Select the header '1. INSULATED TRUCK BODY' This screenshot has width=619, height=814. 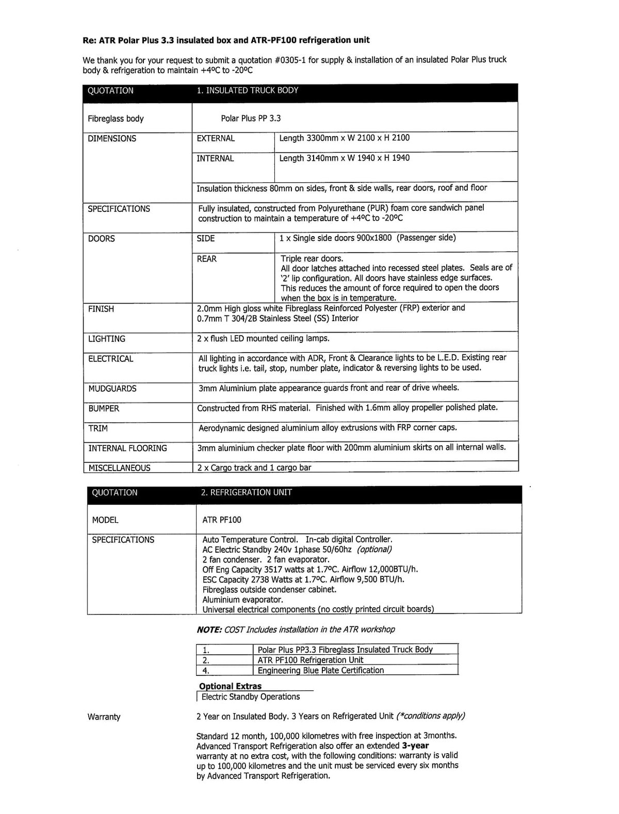[x=247, y=90]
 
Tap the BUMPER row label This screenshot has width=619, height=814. [x=104, y=409]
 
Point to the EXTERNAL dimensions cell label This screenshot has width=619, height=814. [x=216, y=139]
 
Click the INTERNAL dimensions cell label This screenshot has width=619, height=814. [x=215, y=159]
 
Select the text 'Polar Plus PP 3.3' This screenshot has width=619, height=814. [x=251, y=119]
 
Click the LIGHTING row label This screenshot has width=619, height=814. [x=107, y=339]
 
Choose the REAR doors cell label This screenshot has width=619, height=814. [x=207, y=259]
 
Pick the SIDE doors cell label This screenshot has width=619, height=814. [x=206, y=239]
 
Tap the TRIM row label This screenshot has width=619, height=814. [x=98, y=428]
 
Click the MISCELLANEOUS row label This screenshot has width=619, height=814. [x=119, y=468]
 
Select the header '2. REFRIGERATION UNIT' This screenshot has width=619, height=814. [x=246, y=492]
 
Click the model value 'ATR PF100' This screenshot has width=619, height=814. [x=222, y=520]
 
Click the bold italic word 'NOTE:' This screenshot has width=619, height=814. [x=209, y=629]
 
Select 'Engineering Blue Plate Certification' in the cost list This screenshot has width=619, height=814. [x=321, y=671]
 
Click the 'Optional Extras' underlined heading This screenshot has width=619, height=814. [x=231, y=686]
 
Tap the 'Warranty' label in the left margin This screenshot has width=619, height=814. [x=104, y=717]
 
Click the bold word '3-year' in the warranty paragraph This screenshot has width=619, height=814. [x=415, y=745]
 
